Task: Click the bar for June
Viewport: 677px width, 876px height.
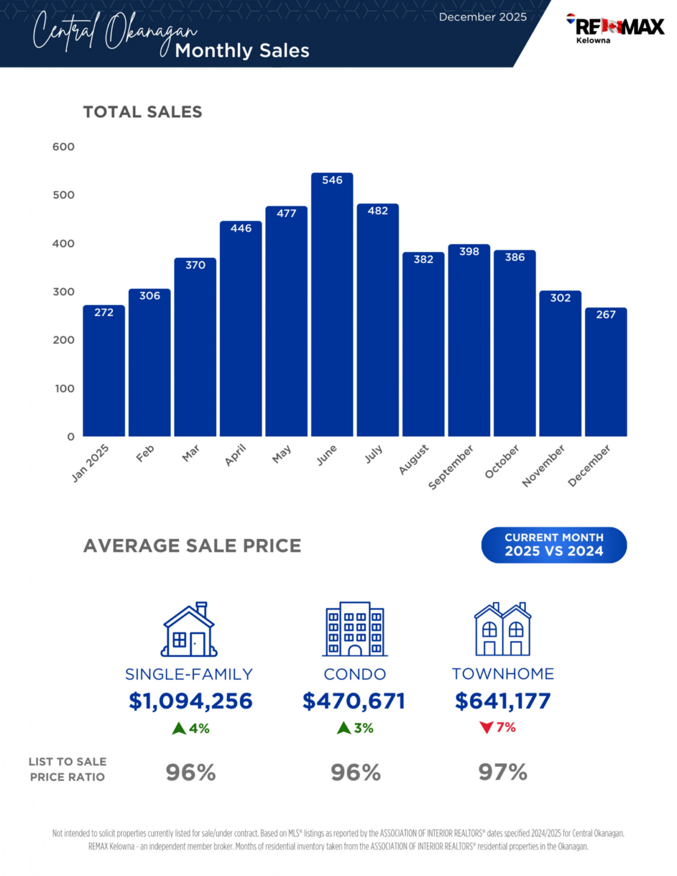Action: [x=332, y=307]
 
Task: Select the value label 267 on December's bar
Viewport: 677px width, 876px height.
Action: [x=606, y=315]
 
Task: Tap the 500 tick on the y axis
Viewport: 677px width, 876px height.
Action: [x=63, y=195]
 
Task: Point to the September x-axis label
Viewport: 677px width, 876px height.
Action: [x=451, y=467]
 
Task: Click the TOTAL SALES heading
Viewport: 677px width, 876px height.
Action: [x=142, y=112]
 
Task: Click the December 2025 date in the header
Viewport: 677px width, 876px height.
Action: [x=482, y=17]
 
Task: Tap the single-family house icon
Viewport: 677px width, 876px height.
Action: [x=189, y=629]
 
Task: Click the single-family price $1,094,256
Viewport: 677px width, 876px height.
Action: [x=190, y=701]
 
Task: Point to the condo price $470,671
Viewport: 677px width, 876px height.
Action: [x=354, y=701]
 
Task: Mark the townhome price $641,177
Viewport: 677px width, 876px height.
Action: [x=502, y=701]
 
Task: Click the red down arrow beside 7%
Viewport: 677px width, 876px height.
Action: [x=486, y=728]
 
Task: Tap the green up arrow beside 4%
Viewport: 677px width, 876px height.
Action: [x=179, y=729]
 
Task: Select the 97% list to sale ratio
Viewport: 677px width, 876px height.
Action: [x=502, y=772]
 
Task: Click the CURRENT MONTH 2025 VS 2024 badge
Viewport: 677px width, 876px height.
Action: [x=554, y=545]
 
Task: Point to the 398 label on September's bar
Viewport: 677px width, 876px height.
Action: [x=469, y=252]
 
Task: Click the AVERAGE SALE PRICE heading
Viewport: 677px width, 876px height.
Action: [x=192, y=546]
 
